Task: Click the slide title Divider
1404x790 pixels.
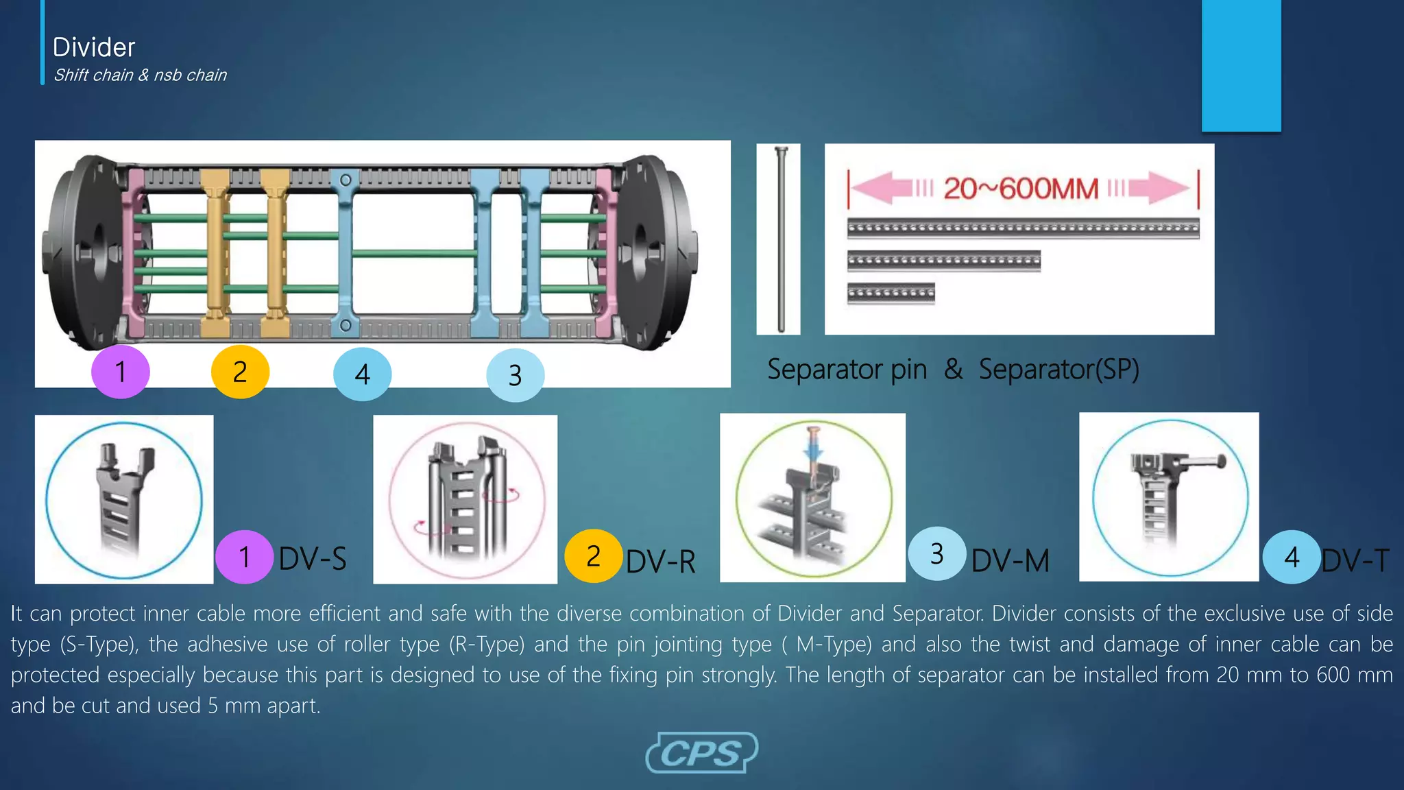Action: tap(94, 47)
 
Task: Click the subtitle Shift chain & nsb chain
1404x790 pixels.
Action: tap(140, 75)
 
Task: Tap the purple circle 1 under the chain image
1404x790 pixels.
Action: tap(120, 372)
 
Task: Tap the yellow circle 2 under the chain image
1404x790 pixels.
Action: tap(240, 372)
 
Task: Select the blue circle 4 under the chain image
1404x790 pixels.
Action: tap(362, 374)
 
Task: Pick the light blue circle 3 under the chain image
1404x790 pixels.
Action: tap(515, 375)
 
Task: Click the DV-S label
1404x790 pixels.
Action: tap(313, 558)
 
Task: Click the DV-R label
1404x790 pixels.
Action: tap(660, 561)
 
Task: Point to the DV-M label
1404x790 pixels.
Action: tap(1010, 560)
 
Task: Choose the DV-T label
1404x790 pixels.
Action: tap(1355, 560)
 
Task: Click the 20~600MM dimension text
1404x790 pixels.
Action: tap(1021, 188)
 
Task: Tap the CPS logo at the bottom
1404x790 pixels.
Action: tap(701, 753)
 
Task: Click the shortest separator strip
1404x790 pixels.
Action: tap(891, 294)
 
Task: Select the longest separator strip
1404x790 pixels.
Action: tap(1023, 228)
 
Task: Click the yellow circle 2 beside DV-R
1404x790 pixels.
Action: tap(593, 556)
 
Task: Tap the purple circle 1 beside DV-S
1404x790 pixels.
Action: tap(244, 557)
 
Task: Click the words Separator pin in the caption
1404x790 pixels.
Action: tap(847, 370)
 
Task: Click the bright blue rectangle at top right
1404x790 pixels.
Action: tap(1241, 65)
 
